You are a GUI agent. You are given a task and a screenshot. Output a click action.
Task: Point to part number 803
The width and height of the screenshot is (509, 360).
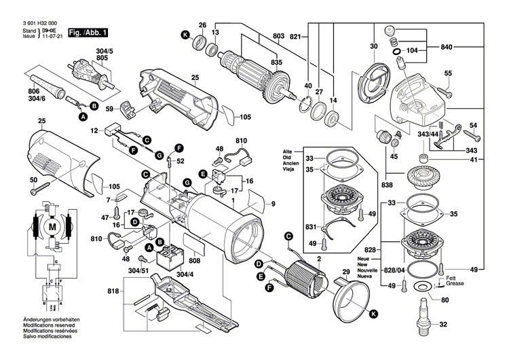click(x=279, y=35)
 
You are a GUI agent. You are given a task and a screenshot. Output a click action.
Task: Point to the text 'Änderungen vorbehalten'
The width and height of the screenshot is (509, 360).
click(x=42, y=337)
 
